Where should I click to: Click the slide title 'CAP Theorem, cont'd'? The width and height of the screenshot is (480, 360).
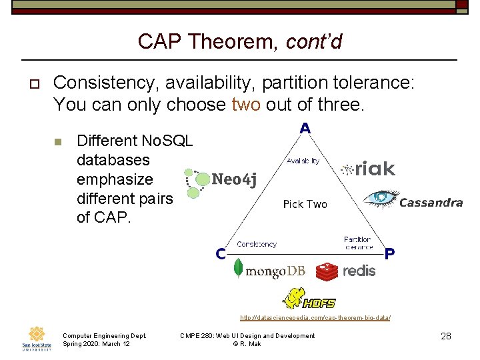[x=240, y=41]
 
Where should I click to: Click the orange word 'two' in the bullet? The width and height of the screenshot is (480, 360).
[x=246, y=105]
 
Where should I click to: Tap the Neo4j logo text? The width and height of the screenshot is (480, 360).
[x=233, y=179]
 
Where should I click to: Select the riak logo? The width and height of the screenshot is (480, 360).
[x=368, y=169]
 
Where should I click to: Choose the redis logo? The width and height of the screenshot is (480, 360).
[x=345, y=271]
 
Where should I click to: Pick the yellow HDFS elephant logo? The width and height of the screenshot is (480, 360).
[x=309, y=299]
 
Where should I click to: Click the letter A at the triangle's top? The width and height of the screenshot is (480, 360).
[x=305, y=128]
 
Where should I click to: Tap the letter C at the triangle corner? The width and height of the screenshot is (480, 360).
[x=220, y=253]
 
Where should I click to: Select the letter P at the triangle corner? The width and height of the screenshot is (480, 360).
[x=390, y=253]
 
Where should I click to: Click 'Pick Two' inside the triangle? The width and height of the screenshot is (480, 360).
[x=305, y=204]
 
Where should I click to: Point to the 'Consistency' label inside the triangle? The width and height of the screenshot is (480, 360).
[x=257, y=244]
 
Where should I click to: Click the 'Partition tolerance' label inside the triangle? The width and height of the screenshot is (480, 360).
[x=358, y=243]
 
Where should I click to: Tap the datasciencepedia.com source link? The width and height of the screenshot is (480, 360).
[x=315, y=319]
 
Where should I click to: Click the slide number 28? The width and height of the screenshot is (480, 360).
[x=446, y=337]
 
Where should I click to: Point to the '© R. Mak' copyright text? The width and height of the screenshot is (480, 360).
[x=247, y=344]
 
